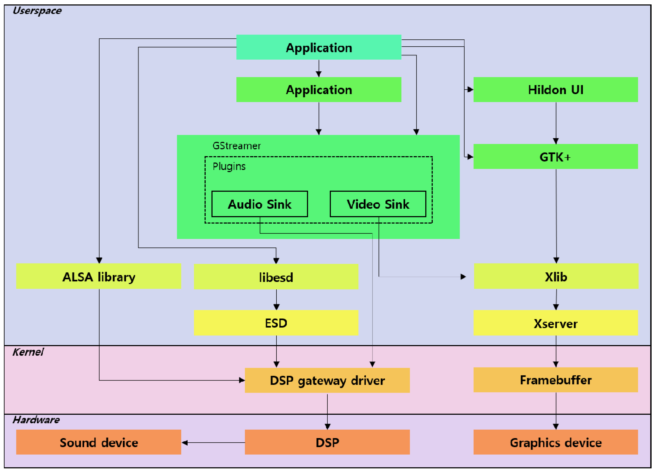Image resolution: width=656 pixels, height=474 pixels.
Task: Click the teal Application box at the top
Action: pos(319,47)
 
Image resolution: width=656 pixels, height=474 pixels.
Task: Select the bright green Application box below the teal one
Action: pos(319,89)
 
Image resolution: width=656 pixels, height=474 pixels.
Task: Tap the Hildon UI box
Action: pos(555,89)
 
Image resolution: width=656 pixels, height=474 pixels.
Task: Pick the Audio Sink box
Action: pos(259,204)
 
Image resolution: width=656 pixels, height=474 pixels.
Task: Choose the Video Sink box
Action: pos(378,204)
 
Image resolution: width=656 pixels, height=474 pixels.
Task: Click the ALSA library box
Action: pos(99,276)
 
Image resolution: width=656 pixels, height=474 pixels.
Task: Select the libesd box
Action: pos(276,277)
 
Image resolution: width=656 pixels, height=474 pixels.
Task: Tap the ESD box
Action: pos(276,323)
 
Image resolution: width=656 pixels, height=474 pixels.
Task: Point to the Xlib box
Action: pos(556,276)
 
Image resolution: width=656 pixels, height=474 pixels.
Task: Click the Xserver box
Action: pos(555,323)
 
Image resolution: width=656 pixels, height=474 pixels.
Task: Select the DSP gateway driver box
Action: pos(327,380)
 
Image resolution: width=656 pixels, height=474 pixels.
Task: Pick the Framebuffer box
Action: pos(555,380)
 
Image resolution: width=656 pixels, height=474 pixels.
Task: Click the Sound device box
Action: pos(99,442)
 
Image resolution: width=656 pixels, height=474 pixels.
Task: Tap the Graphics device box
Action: pos(555,442)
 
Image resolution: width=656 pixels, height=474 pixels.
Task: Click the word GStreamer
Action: pos(237,146)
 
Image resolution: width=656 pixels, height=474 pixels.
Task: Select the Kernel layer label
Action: pos(28,352)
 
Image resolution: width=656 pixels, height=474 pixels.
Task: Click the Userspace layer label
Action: pos(37,10)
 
